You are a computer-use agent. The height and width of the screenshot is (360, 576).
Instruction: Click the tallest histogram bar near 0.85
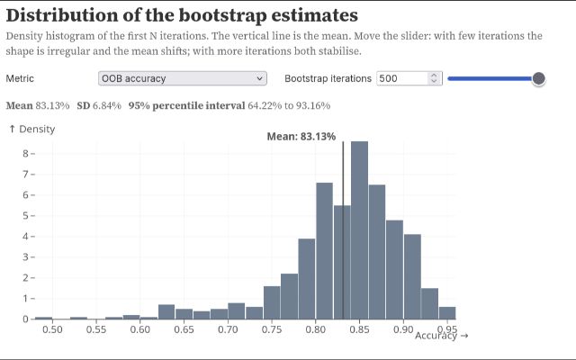coord(359,230)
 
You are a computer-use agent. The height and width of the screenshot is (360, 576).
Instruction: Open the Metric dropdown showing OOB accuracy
coord(183,78)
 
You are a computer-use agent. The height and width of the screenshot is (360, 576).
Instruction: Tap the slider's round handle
coord(538,78)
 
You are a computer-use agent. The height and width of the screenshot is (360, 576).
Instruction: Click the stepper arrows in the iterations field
coord(434,78)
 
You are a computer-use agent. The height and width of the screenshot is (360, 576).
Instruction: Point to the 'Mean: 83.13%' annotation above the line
coord(301,137)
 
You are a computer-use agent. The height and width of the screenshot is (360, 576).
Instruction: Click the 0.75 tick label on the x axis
coord(272,329)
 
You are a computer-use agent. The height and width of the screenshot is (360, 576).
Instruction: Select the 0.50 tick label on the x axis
coord(52,329)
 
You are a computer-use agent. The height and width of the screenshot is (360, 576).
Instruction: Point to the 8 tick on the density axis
coord(25,154)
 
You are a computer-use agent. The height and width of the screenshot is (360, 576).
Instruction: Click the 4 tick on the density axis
coord(25,236)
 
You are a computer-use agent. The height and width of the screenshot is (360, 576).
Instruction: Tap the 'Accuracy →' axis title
coord(442,336)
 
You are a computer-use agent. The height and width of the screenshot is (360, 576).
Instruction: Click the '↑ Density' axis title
coord(32,129)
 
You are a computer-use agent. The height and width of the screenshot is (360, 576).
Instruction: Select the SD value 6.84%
coord(107,106)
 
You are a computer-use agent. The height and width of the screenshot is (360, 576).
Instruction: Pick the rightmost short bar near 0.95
coord(447,313)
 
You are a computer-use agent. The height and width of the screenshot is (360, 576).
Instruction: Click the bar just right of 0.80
coord(324,251)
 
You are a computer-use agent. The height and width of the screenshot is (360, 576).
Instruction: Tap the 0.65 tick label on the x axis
coord(184,329)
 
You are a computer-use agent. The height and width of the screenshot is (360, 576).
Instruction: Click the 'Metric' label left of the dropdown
coord(20,78)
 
